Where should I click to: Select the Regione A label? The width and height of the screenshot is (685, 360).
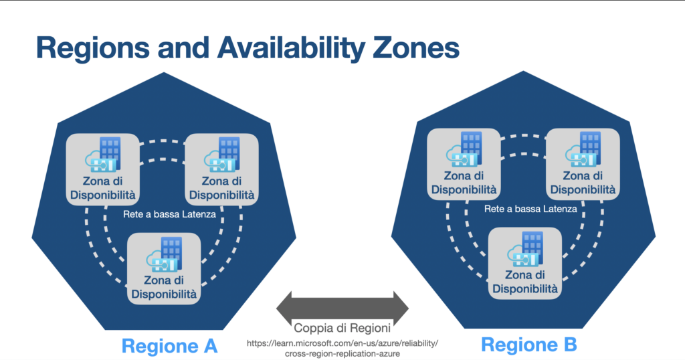tap(170, 346)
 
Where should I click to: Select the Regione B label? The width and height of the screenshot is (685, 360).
tap(528, 345)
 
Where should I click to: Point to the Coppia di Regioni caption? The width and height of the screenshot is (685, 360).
tap(342, 329)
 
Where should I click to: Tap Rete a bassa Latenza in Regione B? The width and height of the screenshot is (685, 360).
tap(530, 209)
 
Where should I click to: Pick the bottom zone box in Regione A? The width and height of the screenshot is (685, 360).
tap(164, 268)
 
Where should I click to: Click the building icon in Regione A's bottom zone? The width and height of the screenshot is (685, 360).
tap(173, 251)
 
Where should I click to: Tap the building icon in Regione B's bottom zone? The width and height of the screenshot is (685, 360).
tap(533, 246)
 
